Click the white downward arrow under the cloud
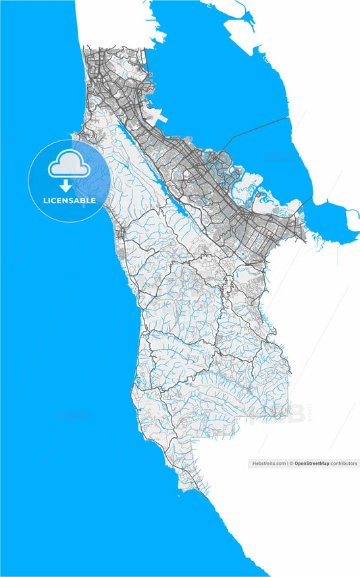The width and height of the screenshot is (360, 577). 66,186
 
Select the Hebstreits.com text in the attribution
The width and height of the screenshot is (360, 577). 268,464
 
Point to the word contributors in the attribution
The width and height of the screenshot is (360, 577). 344,464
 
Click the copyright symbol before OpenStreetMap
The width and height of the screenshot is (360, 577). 292,464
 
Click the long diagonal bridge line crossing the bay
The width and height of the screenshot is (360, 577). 260,128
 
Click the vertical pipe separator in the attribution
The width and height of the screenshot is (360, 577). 288,464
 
